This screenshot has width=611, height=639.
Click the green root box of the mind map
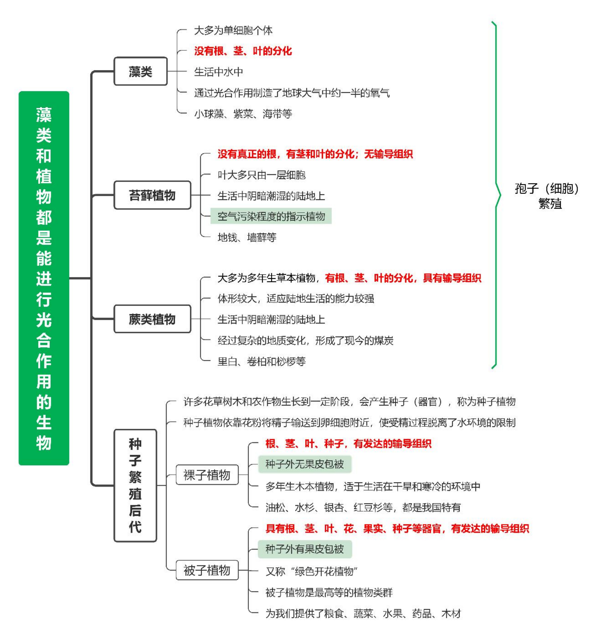[44, 278]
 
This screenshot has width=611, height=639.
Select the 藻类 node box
[141, 71]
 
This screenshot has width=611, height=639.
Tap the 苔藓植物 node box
[152, 195]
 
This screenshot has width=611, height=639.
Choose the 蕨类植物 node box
[152, 319]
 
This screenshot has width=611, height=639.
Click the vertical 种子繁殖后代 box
[135, 486]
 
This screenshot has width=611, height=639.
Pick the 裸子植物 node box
[207, 475]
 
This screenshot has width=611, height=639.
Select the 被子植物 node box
[207, 570]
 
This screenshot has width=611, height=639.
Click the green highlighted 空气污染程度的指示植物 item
[271, 216]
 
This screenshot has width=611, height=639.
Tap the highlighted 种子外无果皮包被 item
[305, 464]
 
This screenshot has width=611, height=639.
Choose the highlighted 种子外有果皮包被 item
[305, 549]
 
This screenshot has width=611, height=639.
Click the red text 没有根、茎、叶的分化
[243, 51]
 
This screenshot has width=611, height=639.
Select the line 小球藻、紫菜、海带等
[243, 114]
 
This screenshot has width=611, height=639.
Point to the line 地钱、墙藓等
[247, 237]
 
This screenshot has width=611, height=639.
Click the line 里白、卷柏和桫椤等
[261, 361]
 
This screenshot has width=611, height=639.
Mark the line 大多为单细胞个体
[233, 30]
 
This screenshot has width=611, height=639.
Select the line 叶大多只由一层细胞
[261, 175]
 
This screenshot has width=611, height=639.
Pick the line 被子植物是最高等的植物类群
[329, 592]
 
